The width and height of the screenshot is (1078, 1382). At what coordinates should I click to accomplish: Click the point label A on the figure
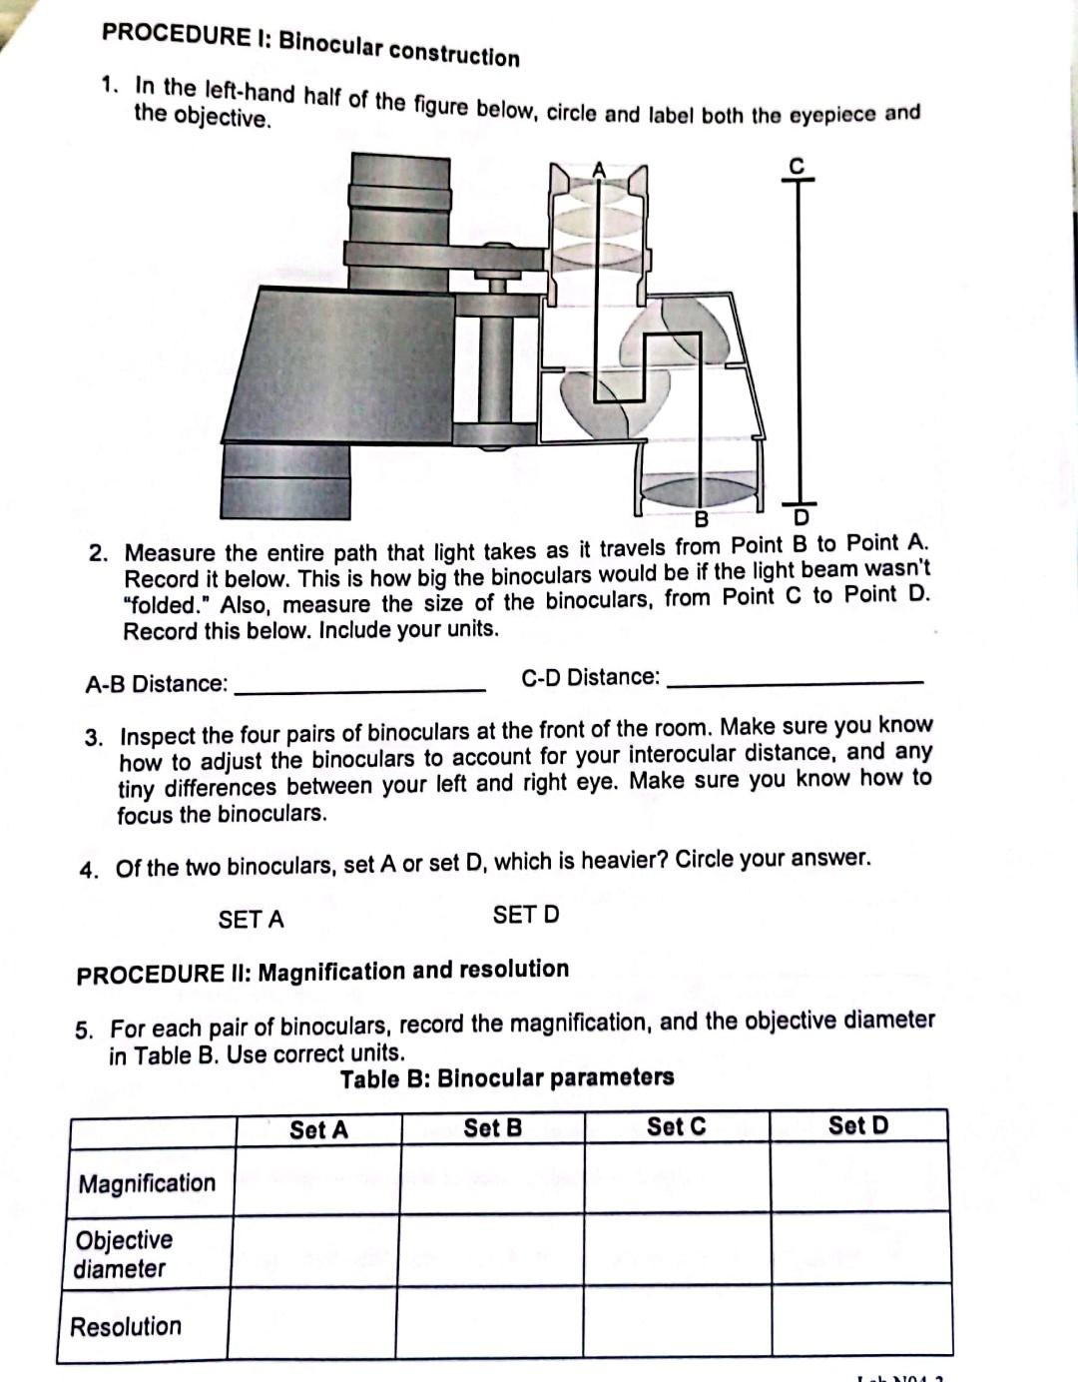click(599, 170)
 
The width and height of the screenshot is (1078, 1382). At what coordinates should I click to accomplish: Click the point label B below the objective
click(702, 519)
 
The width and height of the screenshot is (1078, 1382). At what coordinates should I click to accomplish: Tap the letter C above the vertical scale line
click(797, 166)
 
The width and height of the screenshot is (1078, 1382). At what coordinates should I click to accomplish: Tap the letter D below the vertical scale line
click(801, 519)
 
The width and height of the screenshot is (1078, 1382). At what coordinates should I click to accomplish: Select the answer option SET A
click(251, 920)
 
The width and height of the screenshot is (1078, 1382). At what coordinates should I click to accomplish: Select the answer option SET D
click(526, 915)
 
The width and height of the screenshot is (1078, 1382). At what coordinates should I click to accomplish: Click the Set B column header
click(493, 1128)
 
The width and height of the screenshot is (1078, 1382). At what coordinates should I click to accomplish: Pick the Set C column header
click(676, 1126)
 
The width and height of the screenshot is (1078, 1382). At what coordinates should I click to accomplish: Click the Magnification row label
click(147, 1183)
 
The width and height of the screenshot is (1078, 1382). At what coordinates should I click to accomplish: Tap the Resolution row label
click(126, 1327)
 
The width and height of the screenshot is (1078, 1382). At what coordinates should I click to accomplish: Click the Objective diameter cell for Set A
click(316, 1252)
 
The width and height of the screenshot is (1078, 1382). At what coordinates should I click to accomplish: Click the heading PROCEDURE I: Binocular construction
click(310, 44)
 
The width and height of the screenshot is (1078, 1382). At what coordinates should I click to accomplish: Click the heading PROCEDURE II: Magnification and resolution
click(322, 972)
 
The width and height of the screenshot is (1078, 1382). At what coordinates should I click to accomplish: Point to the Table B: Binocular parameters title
click(507, 1078)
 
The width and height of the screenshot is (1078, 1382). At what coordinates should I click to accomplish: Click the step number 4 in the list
click(90, 869)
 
